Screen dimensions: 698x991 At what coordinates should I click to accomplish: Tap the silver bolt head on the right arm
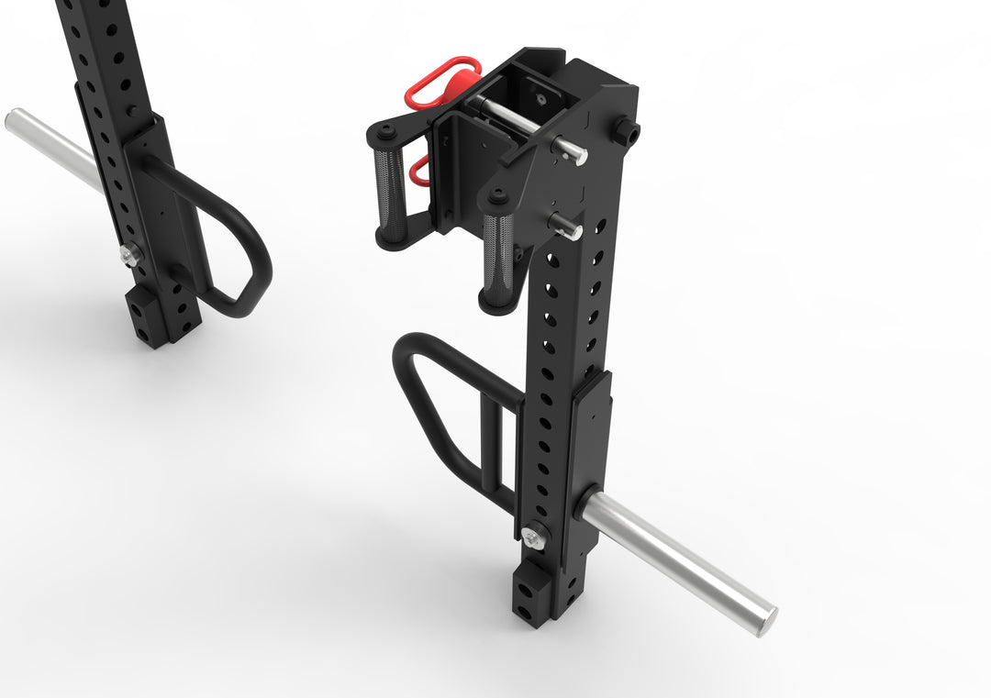(533, 537)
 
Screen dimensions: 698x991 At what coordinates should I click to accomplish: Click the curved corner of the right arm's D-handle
(408, 353)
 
